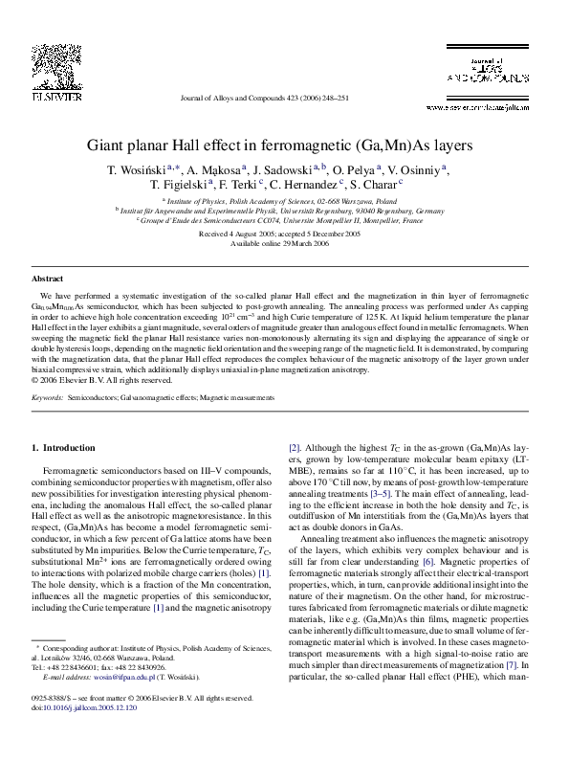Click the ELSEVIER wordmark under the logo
tap(50, 97)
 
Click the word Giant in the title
tap(109, 146)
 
